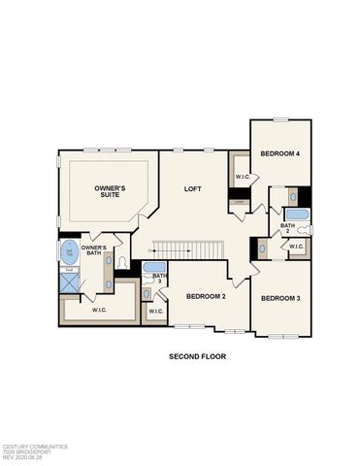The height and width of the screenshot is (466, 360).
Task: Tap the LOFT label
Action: [x=193, y=188]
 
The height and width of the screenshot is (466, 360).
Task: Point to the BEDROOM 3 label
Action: [x=281, y=297]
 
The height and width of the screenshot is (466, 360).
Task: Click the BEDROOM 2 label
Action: [x=206, y=296]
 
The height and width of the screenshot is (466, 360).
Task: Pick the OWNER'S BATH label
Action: [x=94, y=250]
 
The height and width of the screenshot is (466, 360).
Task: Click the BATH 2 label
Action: [x=288, y=228]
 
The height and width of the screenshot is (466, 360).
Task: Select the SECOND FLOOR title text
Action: [x=197, y=356]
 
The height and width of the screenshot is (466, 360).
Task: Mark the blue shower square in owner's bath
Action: [x=70, y=283]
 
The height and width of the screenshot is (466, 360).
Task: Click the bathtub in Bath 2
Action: [x=297, y=215]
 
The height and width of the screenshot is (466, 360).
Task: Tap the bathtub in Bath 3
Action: [x=154, y=267]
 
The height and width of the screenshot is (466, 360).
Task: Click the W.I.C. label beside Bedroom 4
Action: [x=242, y=176]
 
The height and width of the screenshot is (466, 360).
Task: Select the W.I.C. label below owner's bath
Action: [x=99, y=311]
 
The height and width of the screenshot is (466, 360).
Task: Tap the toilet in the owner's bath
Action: [x=121, y=262]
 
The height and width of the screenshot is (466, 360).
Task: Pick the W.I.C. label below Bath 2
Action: [x=296, y=247]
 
